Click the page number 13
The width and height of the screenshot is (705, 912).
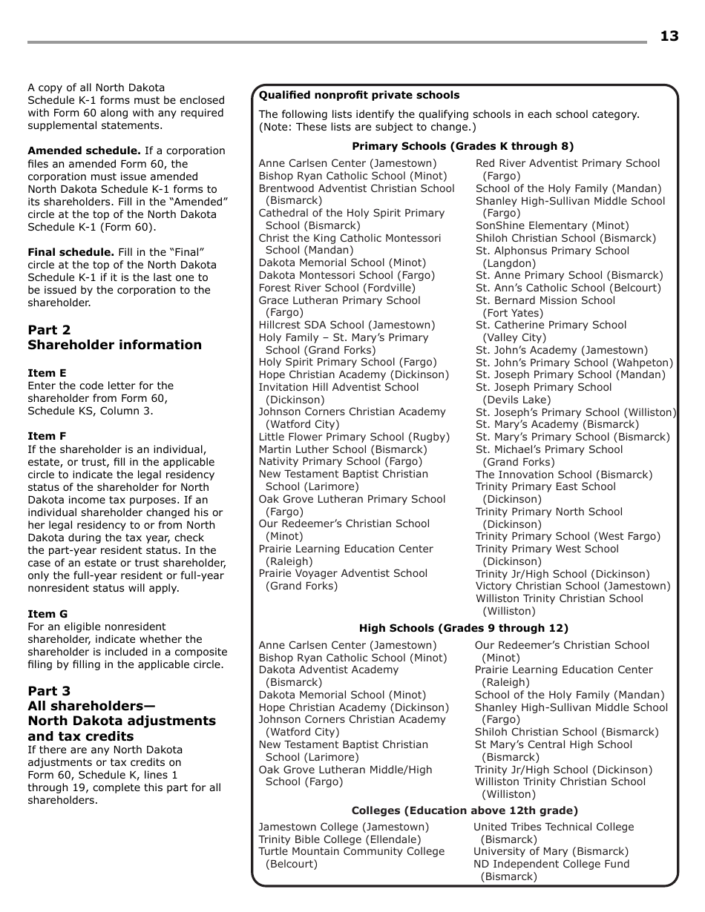pos(669,36)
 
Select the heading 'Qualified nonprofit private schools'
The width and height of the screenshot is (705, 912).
pos(359,96)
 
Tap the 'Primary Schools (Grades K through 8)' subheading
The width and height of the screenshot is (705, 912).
pos(462,147)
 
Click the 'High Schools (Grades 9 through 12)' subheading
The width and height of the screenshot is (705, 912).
pos(463,629)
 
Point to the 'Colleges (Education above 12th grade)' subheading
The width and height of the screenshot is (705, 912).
pos(465,811)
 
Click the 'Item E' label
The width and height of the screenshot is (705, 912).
pos(47,373)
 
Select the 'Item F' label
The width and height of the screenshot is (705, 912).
pos(47,437)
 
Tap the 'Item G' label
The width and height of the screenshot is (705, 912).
pos(47,614)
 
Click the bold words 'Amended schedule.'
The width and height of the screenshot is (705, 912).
pos(84,151)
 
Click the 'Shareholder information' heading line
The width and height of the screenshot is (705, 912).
pos(114,345)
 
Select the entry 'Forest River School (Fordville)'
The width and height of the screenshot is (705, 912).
pos(337,288)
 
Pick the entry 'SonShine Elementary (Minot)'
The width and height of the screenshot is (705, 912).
pos(551,225)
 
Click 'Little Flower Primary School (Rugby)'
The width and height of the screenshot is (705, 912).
pos(354,437)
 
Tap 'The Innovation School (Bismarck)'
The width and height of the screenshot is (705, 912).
pos(564,475)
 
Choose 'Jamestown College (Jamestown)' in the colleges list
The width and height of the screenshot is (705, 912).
pos(344,827)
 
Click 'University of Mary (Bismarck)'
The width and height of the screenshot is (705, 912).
pos(551,851)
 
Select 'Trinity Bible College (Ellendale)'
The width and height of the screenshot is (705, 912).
pos(339,839)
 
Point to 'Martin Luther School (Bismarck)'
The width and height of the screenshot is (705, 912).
pos(343,449)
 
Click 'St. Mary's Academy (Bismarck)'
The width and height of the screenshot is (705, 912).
pos(557,424)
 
